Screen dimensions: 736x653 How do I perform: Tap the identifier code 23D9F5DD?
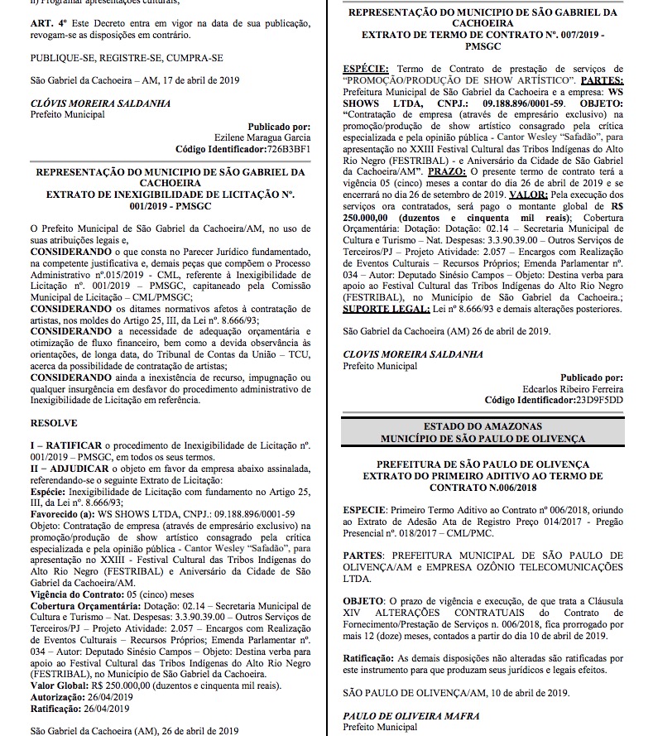tap(596, 399)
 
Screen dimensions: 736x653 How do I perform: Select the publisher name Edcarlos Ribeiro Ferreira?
tap(574, 387)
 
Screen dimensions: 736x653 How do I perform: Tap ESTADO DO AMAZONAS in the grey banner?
tap(493, 425)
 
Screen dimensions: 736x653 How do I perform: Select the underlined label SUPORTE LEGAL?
tap(387, 308)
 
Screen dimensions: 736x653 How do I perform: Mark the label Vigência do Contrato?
tap(81, 594)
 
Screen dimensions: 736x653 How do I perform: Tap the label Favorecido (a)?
tap(67, 513)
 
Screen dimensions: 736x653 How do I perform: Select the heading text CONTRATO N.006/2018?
tap(493, 488)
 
